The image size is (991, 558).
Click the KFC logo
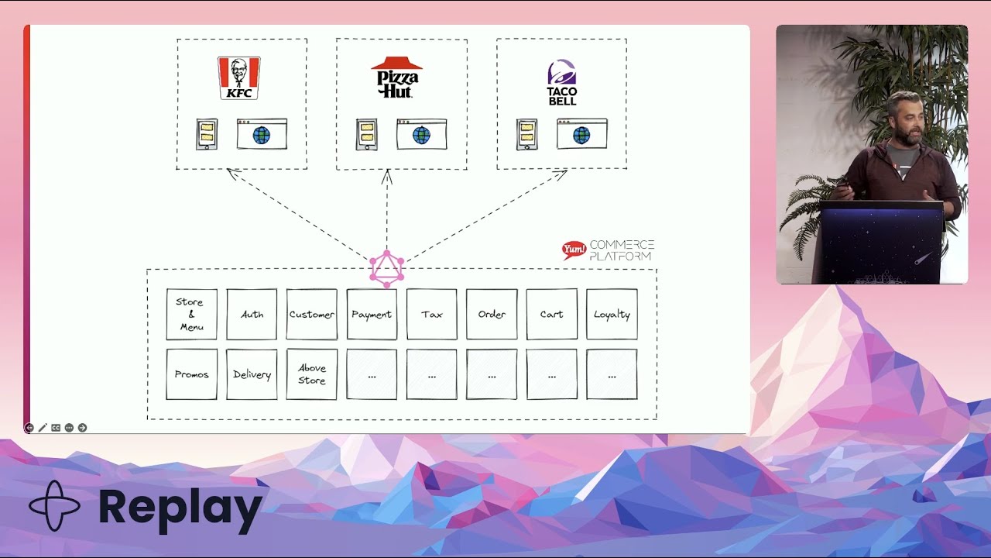(x=238, y=77)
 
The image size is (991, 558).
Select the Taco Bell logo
(x=562, y=82)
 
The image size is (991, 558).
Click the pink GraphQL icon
(x=386, y=268)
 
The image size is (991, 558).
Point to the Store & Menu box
(x=191, y=314)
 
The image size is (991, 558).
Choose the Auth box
(x=252, y=314)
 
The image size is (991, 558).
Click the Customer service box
(x=311, y=314)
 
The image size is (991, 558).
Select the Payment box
(x=372, y=314)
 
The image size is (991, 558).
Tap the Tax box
(x=431, y=314)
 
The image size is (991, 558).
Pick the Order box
(x=492, y=314)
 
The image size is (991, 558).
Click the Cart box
(x=551, y=314)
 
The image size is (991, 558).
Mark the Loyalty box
(x=612, y=314)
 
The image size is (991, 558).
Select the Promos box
(x=191, y=374)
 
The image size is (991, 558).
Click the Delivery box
(x=252, y=374)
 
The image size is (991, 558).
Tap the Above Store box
(x=311, y=374)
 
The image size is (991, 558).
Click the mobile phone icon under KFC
(x=207, y=134)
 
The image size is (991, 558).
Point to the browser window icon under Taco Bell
(x=581, y=134)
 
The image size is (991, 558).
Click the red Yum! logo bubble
(x=574, y=250)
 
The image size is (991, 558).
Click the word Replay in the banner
(x=180, y=508)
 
